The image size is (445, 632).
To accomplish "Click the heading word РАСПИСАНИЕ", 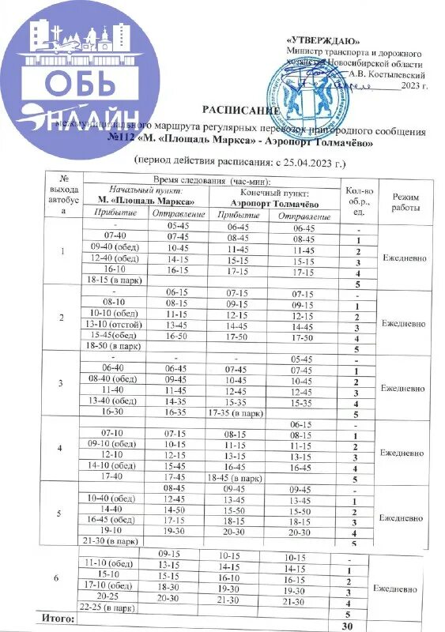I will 237,112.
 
